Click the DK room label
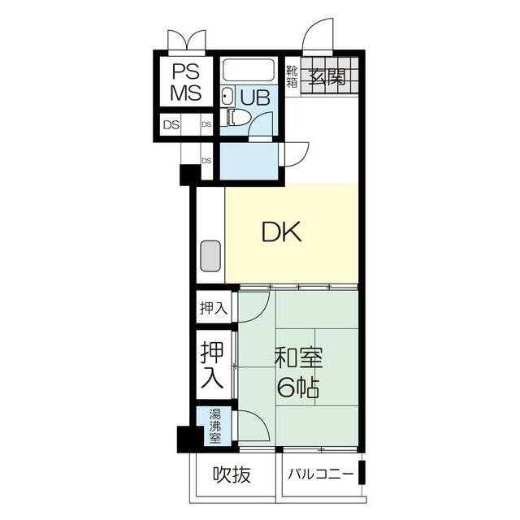pyautogui.click(x=282, y=232)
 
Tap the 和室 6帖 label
pyautogui.click(x=298, y=372)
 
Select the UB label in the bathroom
pyautogui.click(x=255, y=97)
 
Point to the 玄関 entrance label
pyautogui.click(x=327, y=77)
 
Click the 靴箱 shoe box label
pyautogui.click(x=292, y=76)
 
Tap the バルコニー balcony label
pyautogui.click(x=320, y=474)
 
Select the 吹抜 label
pyautogui.click(x=232, y=474)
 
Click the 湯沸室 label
pyautogui.click(x=214, y=426)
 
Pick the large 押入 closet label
pyautogui.click(x=212, y=365)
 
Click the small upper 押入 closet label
pyautogui.click(x=214, y=309)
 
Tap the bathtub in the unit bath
pyautogui.click(x=249, y=70)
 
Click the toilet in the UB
pyautogui.click(x=236, y=118)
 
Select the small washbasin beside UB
pyautogui.click(x=227, y=96)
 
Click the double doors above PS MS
pyautogui.click(x=187, y=42)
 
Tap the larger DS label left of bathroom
pyautogui.click(x=171, y=125)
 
